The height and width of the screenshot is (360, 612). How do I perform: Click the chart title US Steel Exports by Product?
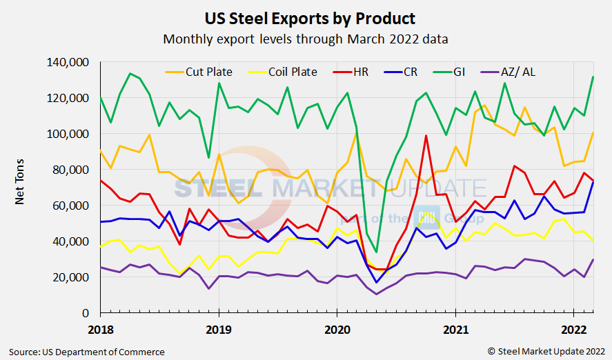(x=306, y=17)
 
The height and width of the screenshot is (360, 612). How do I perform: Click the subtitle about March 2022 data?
(x=306, y=39)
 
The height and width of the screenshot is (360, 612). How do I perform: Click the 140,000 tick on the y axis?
(x=68, y=62)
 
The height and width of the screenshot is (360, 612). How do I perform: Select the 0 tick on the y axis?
(x=86, y=313)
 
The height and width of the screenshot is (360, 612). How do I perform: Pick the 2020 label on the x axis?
(x=337, y=328)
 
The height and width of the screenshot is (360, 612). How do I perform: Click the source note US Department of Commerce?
(x=87, y=352)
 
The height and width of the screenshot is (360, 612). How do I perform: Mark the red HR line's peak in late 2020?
(x=426, y=135)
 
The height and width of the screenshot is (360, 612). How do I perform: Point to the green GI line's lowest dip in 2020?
(x=376, y=252)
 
